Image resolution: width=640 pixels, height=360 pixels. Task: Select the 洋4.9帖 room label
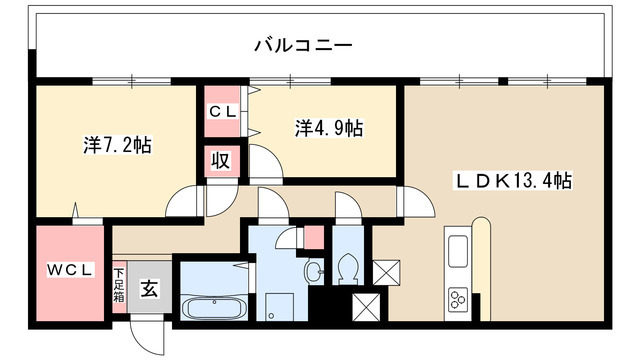pyautogui.click(x=328, y=128)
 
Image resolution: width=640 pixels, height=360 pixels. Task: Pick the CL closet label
pyautogui.click(x=222, y=113)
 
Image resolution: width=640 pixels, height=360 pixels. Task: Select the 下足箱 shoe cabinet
pyautogui.click(x=119, y=287)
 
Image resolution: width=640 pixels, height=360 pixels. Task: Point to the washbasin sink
pyautogui.click(x=315, y=270)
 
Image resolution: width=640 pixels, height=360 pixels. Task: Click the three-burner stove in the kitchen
pyautogui.click(x=461, y=299)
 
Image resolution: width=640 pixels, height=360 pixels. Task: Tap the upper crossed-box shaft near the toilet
pyautogui.click(x=386, y=271)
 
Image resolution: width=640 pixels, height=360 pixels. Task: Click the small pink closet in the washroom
pyautogui.click(x=313, y=238)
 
